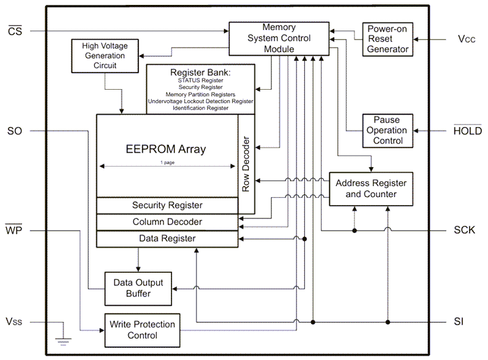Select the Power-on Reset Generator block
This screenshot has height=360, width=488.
(x=387, y=39)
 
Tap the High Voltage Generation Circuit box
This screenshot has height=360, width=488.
(x=105, y=55)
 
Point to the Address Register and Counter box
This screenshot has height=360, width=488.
(x=371, y=189)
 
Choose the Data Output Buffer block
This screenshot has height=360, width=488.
(x=138, y=288)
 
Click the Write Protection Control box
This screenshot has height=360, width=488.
(x=142, y=329)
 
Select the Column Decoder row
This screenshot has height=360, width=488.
(x=167, y=222)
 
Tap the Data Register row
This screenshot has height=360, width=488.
(x=167, y=239)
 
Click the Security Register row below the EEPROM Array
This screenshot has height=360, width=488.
(x=167, y=206)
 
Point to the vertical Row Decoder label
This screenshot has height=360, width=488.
(x=246, y=164)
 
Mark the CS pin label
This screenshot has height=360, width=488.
(x=15, y=31)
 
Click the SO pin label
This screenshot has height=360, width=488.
(x=15, y=131)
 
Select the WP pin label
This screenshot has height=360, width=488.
(x=15, y=231)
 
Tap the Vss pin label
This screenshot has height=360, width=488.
(x=15, y=322)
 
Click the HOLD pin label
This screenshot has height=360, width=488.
(x=467, y=131)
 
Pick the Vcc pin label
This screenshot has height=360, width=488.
(x=467, y=39)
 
